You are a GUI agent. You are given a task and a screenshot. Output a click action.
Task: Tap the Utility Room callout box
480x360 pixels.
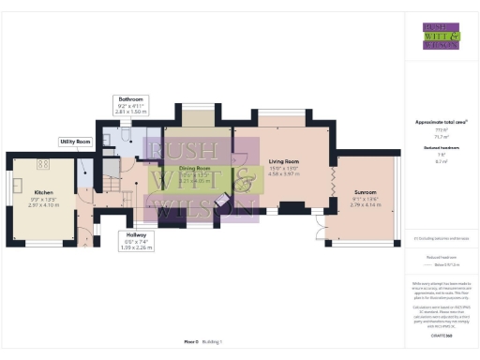pos(75,142)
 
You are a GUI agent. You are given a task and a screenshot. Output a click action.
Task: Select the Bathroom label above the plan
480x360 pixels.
pos(130,98)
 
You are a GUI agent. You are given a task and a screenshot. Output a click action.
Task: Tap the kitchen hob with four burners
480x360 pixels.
pos(42,165)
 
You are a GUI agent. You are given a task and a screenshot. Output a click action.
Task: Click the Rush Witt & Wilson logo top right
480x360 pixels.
pos(440,36)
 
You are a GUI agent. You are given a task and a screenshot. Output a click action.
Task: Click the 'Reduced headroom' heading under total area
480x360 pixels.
pos(440,149)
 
